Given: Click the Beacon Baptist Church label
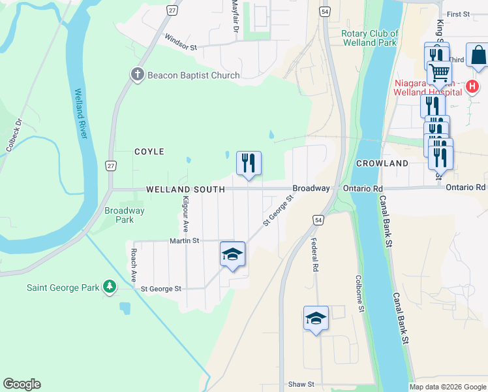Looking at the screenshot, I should pyautogui.click(x=193, y=75).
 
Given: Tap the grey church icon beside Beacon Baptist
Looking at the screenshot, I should pyautogui.click(x=137, y=74).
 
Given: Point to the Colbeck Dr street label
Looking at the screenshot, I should pyautogui.click(x=14, y=135).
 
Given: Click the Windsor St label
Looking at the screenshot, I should pyautogui.click(x=181, y=42).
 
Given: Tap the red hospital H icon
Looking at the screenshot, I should pyautogui.click(x=472, y=86).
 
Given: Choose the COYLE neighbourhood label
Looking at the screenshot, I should pyautogui.click(x=149, y=152).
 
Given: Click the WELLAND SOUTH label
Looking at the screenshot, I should pyautogui.click(x=185, y=189).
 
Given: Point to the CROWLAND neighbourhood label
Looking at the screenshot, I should pyautogui.click(x=382, y=163).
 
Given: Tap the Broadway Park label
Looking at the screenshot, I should pyautogui.click(x=125, y=215).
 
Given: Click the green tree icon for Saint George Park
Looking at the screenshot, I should pyautogui.click(x=110, y=287).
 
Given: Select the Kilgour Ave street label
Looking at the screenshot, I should pyautogui.click(x=185, y=214).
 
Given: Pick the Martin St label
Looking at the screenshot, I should pyautogui.click(x=184, y=241).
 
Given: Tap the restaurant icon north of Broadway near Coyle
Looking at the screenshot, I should pyautogui.click(x=249, y=163).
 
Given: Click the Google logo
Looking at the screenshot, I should pyautogui.click(x=22, y=384).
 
